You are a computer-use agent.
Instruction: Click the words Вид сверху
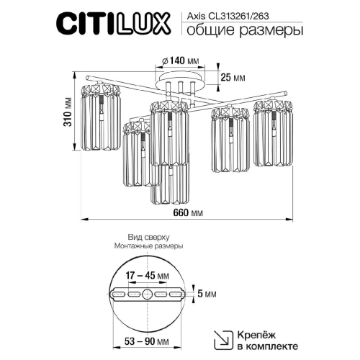tap(147, 236)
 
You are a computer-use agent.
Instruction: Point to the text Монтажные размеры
tap(147, 246)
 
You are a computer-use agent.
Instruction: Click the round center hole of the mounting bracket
tap(148, 294)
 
